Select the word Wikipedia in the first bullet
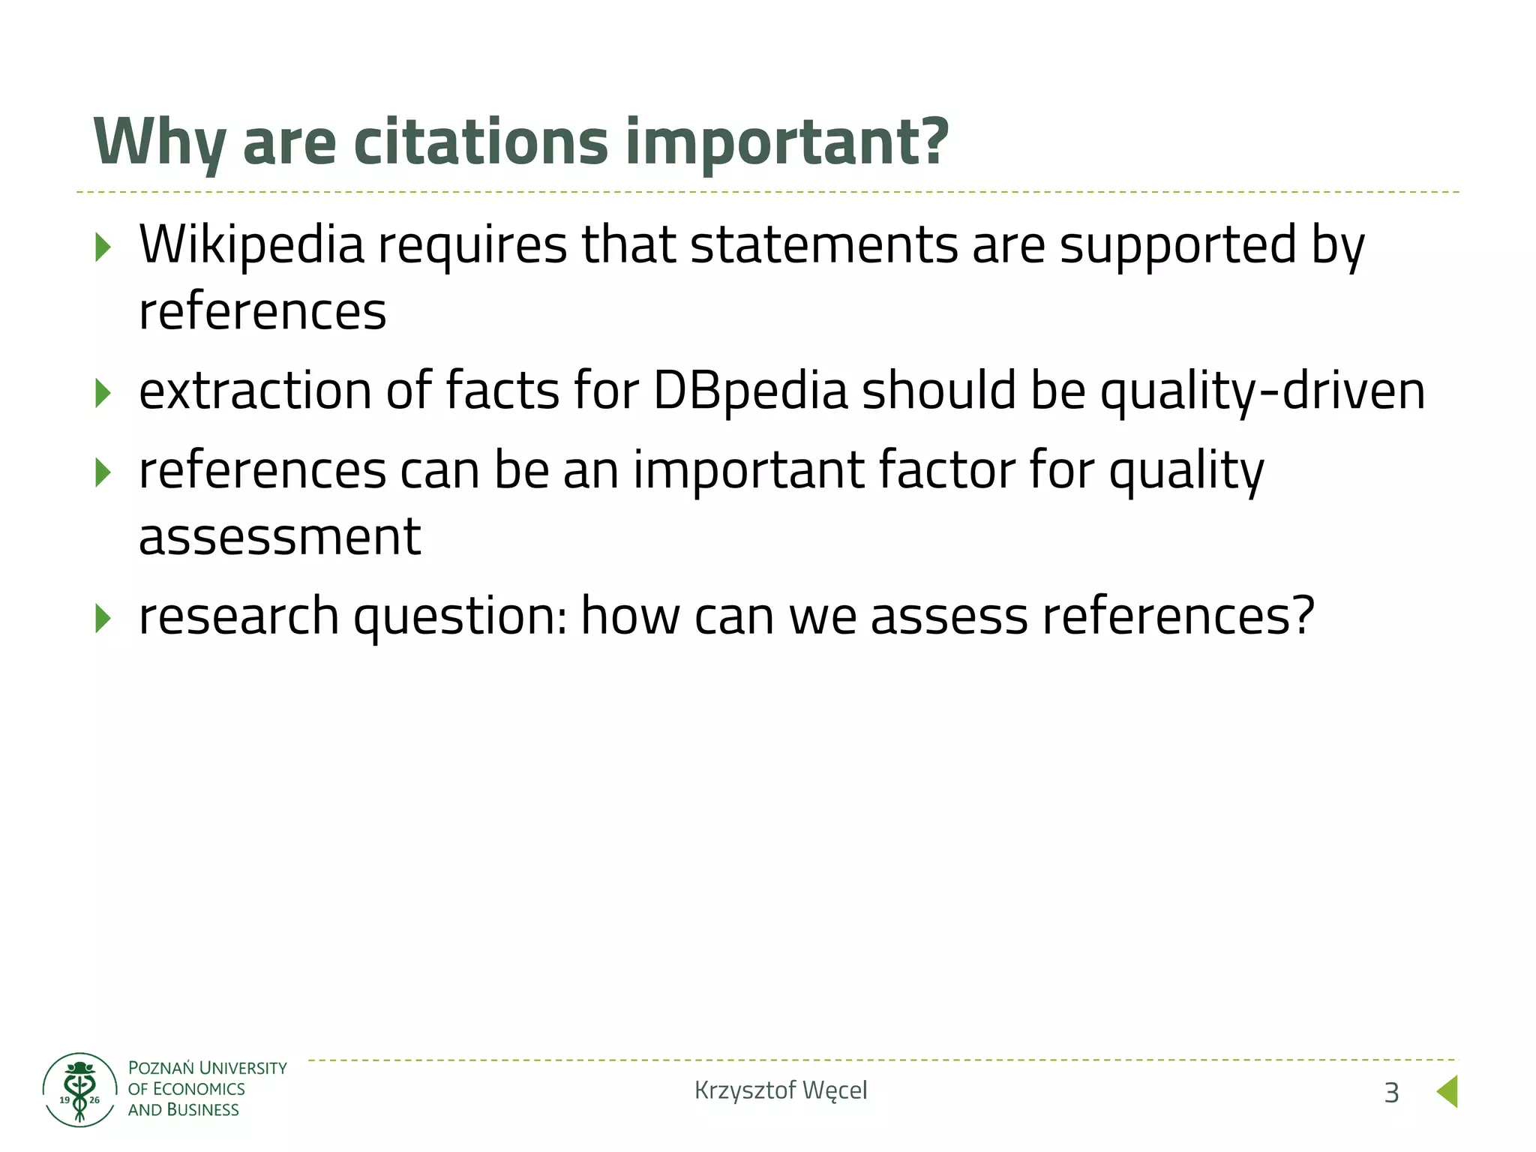click(x=251, y=246)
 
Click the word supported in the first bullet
click(x=1177, y=246)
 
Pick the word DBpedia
click(x=751, y=391)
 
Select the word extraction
click(x=255, y=391)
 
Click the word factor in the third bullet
click(x=946, y=471)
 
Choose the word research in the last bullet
click(x=239, y=616)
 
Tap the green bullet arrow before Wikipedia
click(x=103, y=247)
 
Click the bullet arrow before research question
click(x=103, y=618)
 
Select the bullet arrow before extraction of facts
click(x=103, y=393)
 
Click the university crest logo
click(x=79, y=1090)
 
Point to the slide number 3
click(x=1391, y=1093)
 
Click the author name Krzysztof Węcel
click(x=781, y=1090)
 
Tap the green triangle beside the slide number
click(x=1447, y=1091)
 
